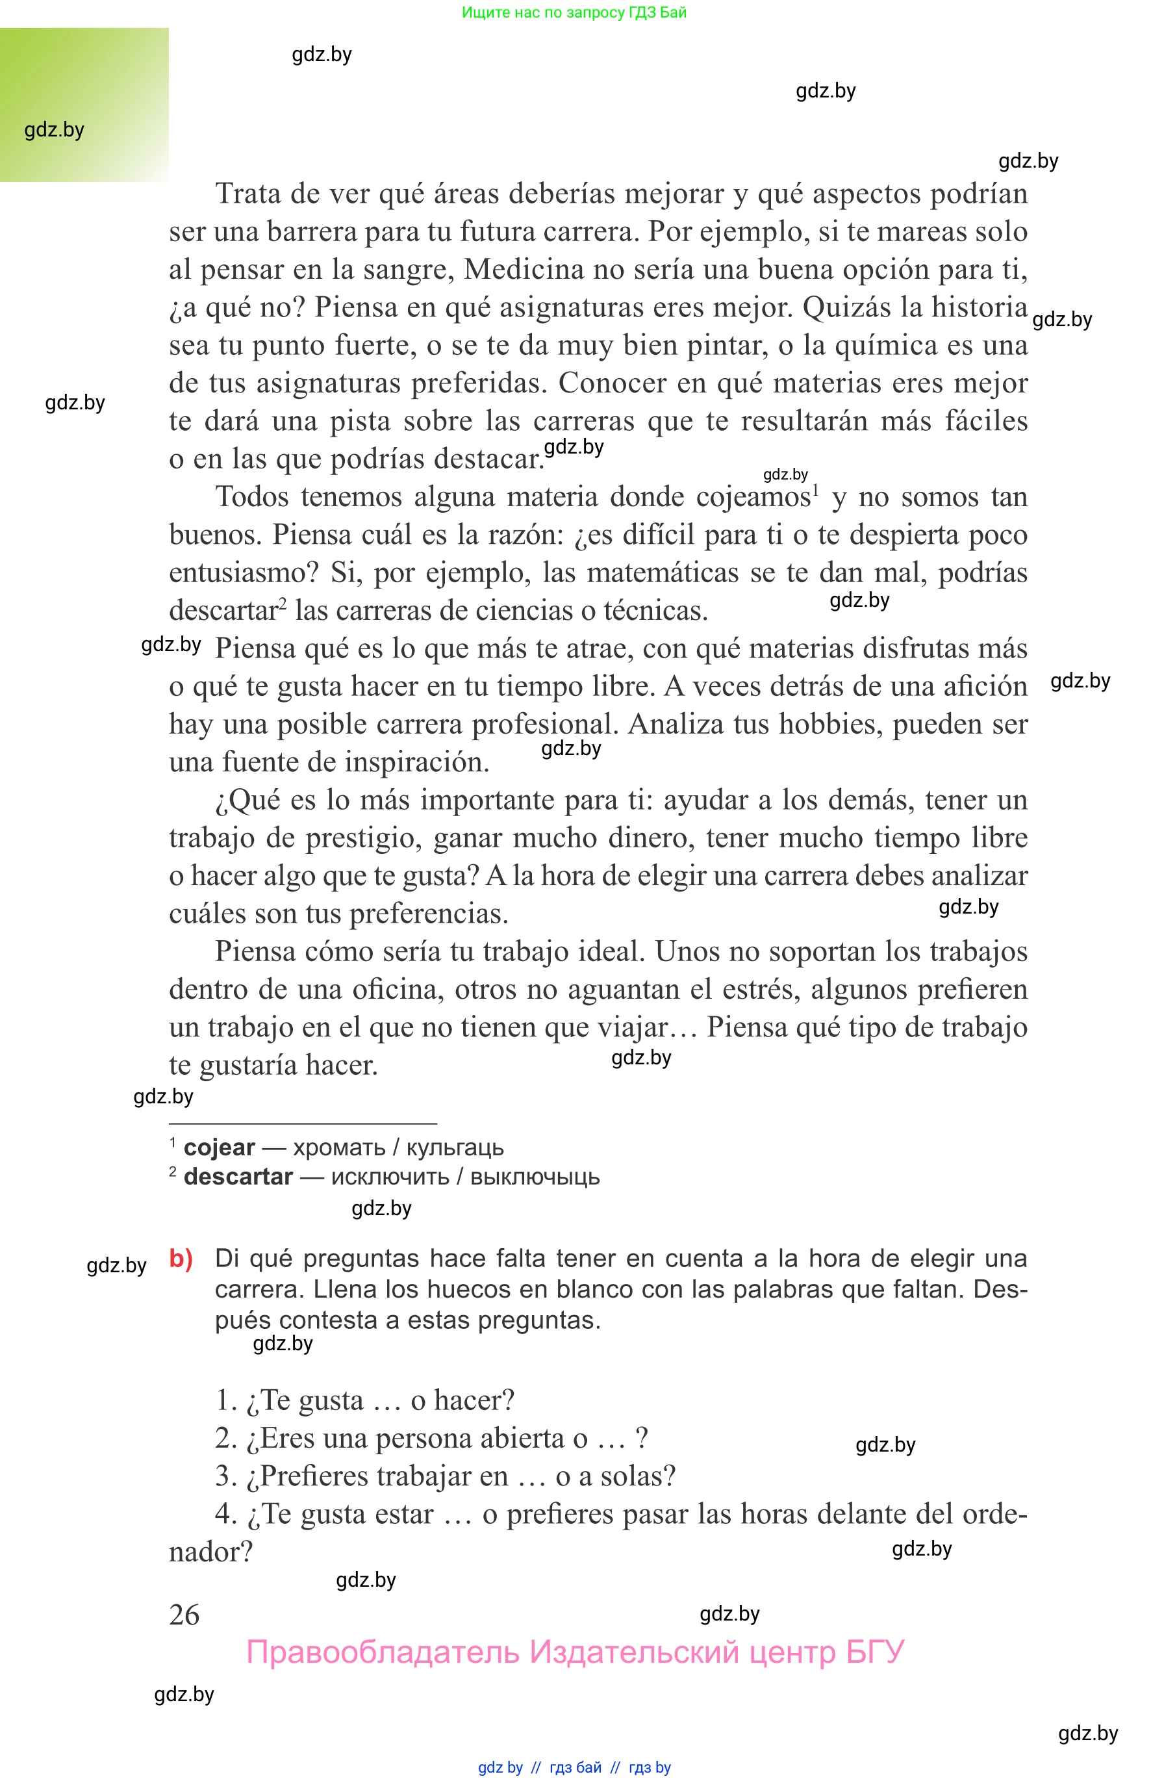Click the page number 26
click(184, 1615)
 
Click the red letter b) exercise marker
click(181, 1259)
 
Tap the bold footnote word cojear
click(219, 1148)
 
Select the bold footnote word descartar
click(238, 1177)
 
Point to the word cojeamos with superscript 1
click(753, 497)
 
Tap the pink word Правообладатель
click(382, 1652)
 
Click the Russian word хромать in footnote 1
click(338, 1148)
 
